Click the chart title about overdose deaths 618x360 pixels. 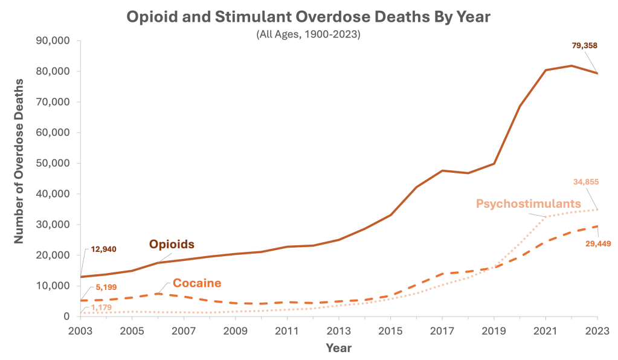[x=308, y=16]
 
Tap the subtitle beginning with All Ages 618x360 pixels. [x=308, y=35]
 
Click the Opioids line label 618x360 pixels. [x=172, y=245]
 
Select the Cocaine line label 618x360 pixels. [x=197, y=283]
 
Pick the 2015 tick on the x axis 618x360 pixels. [x=391, y=331]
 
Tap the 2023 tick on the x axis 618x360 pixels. [x=597, y=331]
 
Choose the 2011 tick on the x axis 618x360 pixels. [x=288, y=331]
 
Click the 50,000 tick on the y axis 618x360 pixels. [x=54, y=164]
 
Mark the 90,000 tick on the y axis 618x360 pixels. [x=54, y=41]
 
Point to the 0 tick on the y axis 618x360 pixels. [x=68, y=317]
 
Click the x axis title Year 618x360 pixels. [x=338, y=349]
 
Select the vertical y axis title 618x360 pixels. [x=19, y=179]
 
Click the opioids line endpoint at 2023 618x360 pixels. [x=597, y=74]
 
